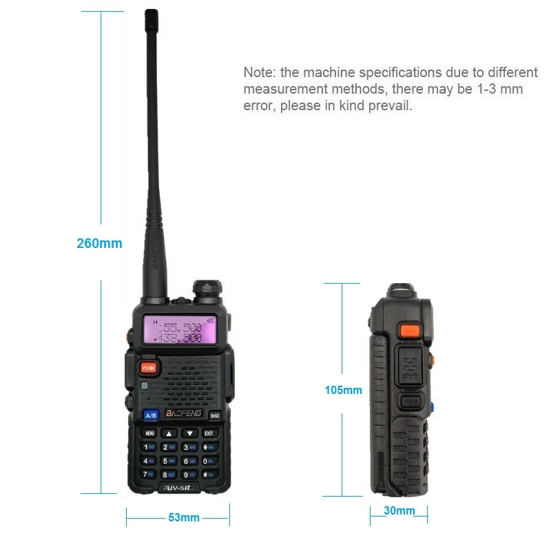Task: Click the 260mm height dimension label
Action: click(x=100, y=243)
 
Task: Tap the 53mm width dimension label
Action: click(x=184, y=517)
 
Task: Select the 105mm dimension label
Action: click(x=343, y=391)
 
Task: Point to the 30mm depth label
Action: click(x=399, y=510)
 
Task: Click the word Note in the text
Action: click(x=258, y=72)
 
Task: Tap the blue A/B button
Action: click(x=151, y=415)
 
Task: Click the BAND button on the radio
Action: click(x=214, y=416)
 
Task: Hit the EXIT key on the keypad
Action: click(x=209, y=434)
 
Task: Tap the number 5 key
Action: click(x=166, y=461)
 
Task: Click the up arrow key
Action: click(x=168, y=434)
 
